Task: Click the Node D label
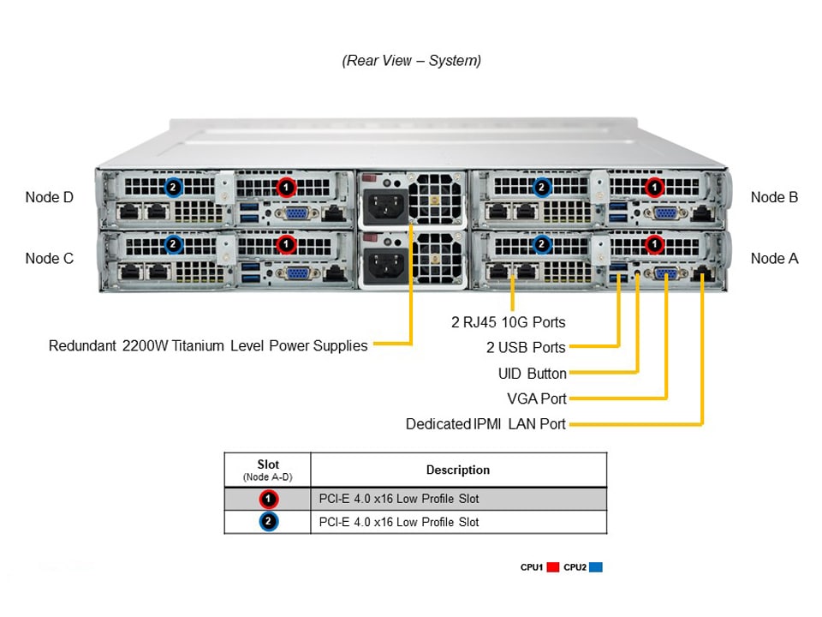50,197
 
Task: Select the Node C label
50,258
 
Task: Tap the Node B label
774,197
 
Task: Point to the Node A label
774,258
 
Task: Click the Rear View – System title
411,61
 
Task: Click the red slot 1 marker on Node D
286,186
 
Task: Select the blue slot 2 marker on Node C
173,245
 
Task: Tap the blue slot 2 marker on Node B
541,186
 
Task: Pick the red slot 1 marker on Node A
654,245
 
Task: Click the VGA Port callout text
537,398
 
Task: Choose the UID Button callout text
532,374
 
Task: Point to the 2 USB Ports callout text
526,348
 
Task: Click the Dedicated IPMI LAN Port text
485,424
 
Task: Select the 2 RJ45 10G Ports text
508,323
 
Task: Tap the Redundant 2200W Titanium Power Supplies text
208,346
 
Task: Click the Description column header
458,470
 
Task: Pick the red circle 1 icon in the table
268,499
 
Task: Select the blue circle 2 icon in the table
268,522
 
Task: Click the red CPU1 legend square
553,567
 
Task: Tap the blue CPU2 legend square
596,567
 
